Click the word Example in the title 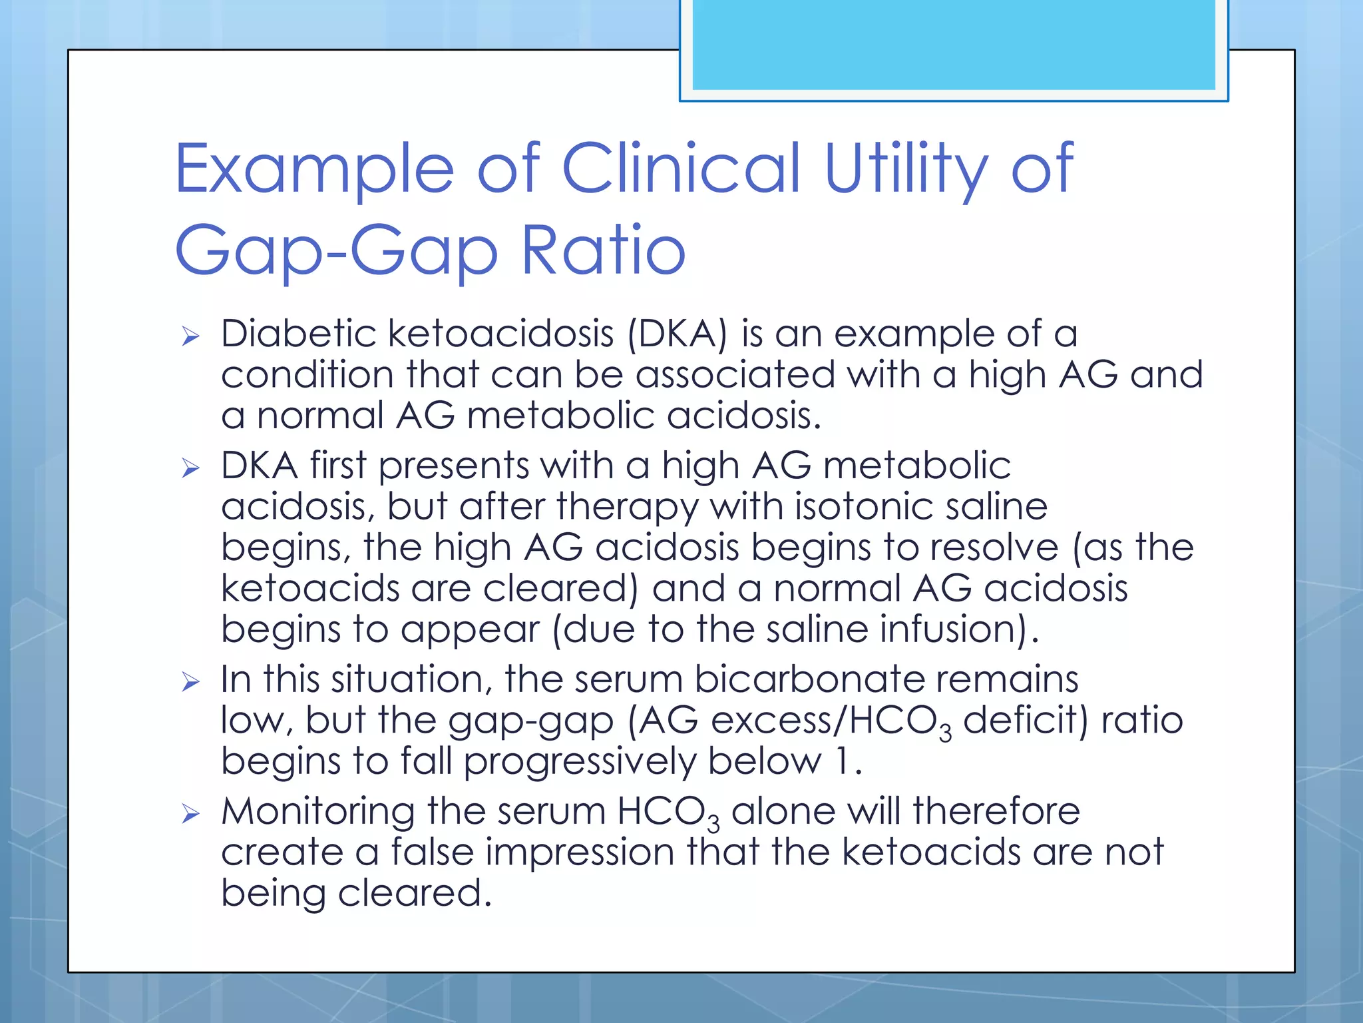[314, 169]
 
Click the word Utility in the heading [905, 169]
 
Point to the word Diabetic [299, 333]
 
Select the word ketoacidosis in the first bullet [500, 333]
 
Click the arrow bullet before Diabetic [190, 336]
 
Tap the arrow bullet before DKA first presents [190, 468]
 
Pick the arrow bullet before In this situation [190, 682]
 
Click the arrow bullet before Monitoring [190, 814]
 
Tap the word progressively [579, 762]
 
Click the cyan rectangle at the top [954, 44]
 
